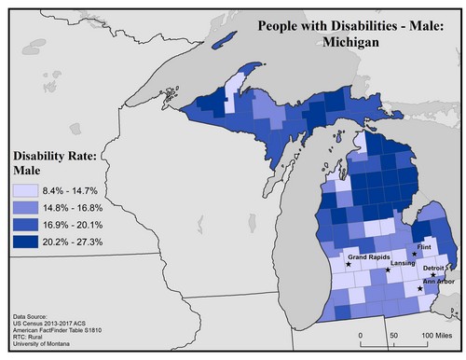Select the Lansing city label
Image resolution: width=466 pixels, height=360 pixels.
[403, 265]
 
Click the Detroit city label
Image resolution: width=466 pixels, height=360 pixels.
[436, 267]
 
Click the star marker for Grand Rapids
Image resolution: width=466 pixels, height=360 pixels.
[349, 264]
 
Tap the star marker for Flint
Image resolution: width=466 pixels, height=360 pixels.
[415, 254]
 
